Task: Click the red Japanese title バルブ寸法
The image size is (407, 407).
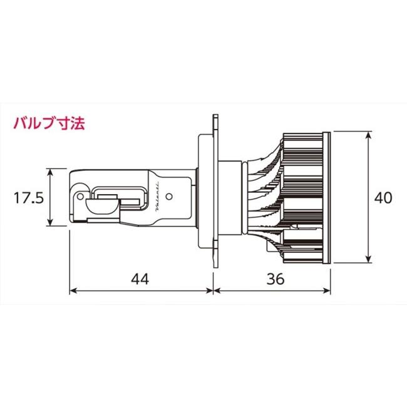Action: (49, 122)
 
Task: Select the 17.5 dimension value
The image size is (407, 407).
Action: (29, 198)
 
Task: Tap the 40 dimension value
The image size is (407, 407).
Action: (383, 198)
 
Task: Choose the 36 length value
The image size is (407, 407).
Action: (274, 279)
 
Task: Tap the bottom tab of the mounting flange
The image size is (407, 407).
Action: (215, 267)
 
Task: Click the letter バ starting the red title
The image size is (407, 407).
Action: (20, 122)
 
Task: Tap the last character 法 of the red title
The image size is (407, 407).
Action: (78, 122)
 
